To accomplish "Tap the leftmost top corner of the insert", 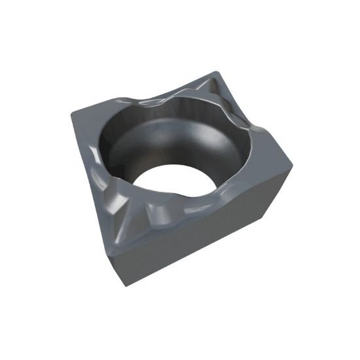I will (x=72, y=114).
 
